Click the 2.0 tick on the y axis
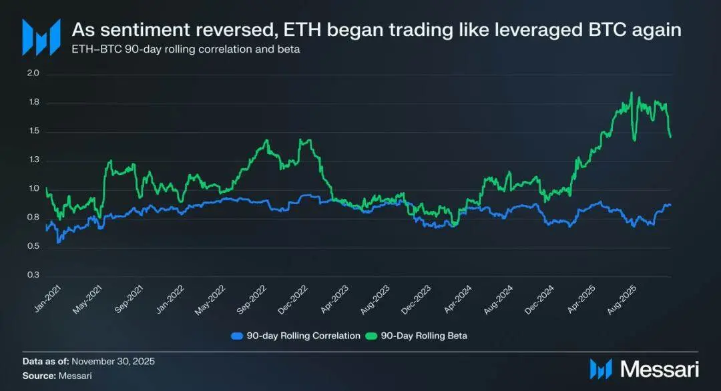[34, 73]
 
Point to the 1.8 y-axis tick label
[34, 103]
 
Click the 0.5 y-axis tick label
[34, 247]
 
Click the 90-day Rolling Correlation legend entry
[296, 336]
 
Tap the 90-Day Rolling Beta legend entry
[419, 336]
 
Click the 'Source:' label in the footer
[39, 376]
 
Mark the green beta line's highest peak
[632, 93]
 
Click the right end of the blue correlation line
[670, 205]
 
